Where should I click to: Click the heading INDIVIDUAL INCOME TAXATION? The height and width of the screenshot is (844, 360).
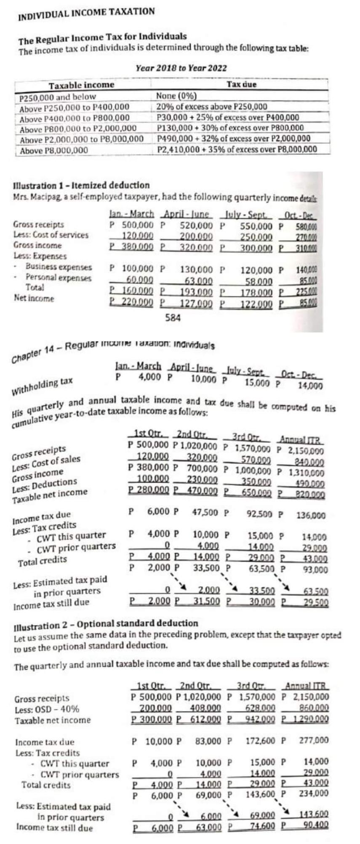pos(86,14)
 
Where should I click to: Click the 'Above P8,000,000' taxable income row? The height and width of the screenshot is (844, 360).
pos(53,151)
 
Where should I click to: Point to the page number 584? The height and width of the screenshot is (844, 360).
pos(173,318)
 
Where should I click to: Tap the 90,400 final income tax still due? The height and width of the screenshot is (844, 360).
pos(315,825)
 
